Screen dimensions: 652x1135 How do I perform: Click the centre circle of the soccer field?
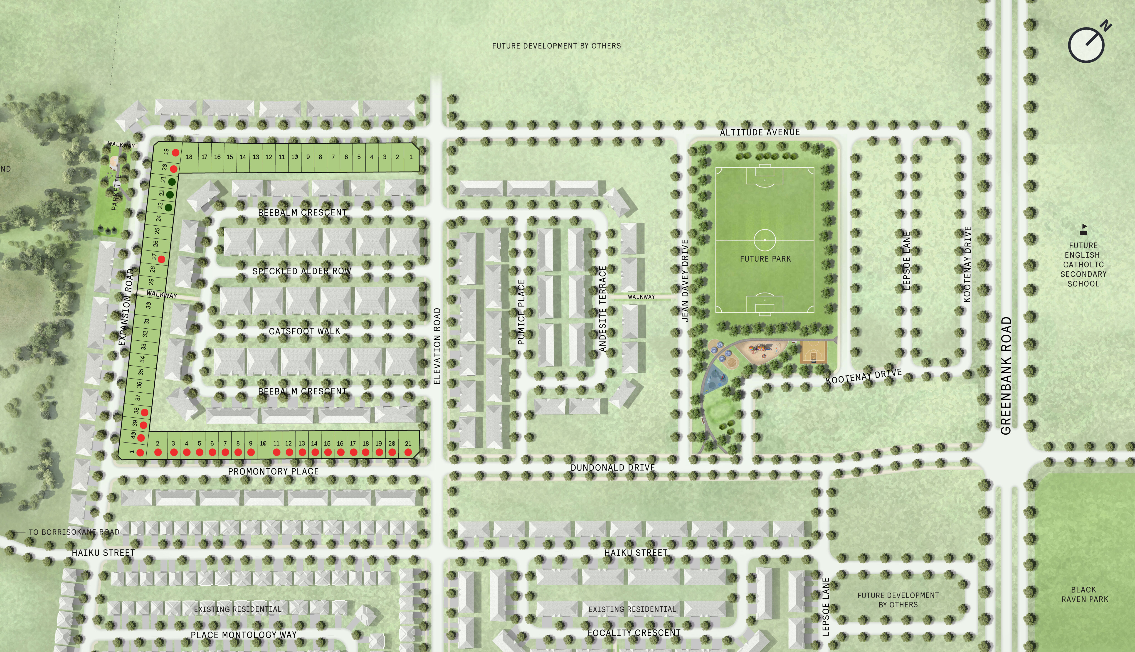(765, 240)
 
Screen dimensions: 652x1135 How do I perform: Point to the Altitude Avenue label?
(760, 132)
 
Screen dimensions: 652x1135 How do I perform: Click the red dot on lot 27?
(161, 259)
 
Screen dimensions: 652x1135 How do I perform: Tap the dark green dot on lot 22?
(170, 195)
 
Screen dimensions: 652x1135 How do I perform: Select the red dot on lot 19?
(175, 153)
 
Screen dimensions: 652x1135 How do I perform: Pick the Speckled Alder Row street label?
(301, 271)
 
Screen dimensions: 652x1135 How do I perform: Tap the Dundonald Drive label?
(612, 467)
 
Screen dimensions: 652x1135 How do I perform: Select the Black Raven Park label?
(1084, 594)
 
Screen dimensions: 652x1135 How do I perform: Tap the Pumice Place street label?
(521, 312)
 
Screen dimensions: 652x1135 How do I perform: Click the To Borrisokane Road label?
(74, 532)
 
